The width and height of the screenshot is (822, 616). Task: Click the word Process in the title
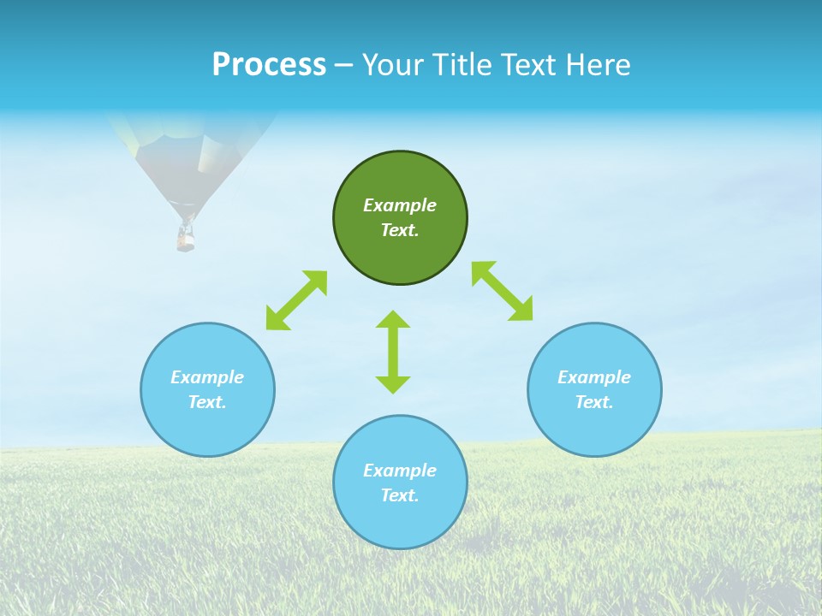pos(269,65)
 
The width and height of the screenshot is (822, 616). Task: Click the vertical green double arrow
pos(393,352)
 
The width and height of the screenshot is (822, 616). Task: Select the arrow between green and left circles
pos(296,300)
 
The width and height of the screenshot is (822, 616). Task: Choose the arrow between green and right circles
pos(503,292)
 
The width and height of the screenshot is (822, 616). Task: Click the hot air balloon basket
pos(185,239)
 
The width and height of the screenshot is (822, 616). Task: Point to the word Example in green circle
pos(400,205)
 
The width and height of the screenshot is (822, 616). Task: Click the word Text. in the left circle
pos(207,402)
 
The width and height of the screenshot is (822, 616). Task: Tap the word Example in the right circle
pos(594,377)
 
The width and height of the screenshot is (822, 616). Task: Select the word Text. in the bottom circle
pos(400,495)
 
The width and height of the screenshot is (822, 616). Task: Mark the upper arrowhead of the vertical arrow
pos(393,320)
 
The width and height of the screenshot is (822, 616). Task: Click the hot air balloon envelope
pos(193,154)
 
